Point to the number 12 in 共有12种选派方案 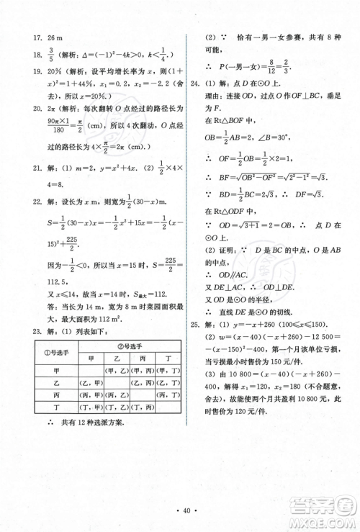[74, 423]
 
